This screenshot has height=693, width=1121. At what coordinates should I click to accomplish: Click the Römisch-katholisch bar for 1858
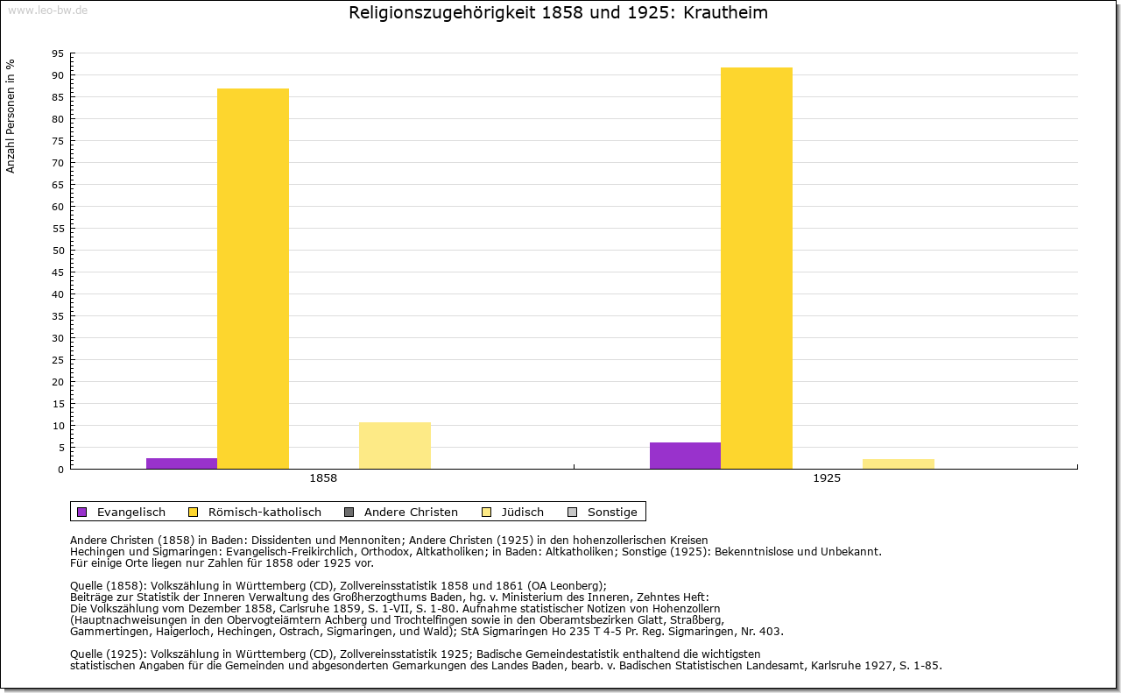tap(253, 279)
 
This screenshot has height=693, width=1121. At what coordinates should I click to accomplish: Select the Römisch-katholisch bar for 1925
tap(757, 268)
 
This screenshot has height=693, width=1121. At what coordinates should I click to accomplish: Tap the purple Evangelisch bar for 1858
tap(181, 463)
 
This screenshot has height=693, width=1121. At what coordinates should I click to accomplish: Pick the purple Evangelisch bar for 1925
tap(685, 456)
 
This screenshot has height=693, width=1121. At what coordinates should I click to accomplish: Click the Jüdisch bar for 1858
tap(395, 445)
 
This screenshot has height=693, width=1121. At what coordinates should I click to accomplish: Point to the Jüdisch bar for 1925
tap(899, 463)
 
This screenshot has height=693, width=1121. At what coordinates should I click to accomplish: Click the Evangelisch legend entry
tap(122, 512)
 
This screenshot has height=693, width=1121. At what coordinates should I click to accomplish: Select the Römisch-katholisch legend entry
tap(256, 512)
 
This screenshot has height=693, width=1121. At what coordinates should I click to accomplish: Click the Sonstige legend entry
tap(603, 512)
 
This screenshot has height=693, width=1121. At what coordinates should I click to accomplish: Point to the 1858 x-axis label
tap(323, 479)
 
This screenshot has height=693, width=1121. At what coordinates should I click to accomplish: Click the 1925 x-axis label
tap(827, 479)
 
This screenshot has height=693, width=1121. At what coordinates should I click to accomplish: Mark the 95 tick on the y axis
tap(57, 53)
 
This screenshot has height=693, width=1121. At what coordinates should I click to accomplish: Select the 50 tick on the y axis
tap(57, 251)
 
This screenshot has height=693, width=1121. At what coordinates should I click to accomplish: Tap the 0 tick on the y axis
tap(60, 470)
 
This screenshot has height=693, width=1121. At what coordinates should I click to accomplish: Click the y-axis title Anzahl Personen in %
tap(11, 116)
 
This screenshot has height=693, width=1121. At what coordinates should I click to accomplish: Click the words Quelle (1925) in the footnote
tap(108, 654)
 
